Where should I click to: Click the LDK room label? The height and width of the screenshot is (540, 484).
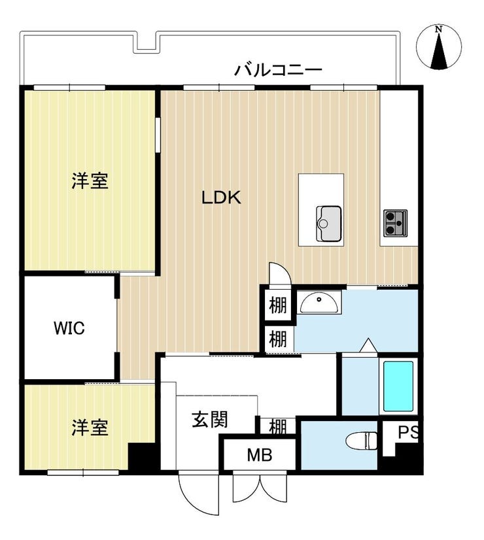click(x=221, y=197)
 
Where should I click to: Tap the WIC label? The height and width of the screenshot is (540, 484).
click(x=69, y=328)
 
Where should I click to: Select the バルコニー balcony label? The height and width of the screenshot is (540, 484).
click(x=278, y=70)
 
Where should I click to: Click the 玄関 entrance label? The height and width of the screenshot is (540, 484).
click(x=210, y=420)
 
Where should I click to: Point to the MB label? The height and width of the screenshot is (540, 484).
click(x=260, y=455)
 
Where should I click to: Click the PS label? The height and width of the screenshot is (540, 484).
click(x=408, y=433)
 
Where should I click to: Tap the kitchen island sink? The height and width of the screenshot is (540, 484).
click(x=328, y=224)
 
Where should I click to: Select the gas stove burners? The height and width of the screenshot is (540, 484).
click(x=396, y=223)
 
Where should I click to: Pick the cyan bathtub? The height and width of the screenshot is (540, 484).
click(x=398, y=386)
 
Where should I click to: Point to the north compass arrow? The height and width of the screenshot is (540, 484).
click(x=439, y=50)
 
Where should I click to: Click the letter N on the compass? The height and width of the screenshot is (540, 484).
click(x=438, y=29)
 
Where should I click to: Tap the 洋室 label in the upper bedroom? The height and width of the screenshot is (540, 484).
click(x=90, y=181)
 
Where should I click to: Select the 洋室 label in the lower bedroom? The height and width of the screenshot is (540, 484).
click(x=90, y=428)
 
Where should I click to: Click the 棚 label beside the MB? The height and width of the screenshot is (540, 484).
click(x=278, y=427)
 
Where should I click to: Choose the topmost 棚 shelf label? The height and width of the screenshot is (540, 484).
click(x=278, y=305)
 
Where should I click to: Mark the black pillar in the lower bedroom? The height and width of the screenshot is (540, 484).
click(x=141, y=457)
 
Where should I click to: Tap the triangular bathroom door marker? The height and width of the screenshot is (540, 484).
click(x=368, y=345)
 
